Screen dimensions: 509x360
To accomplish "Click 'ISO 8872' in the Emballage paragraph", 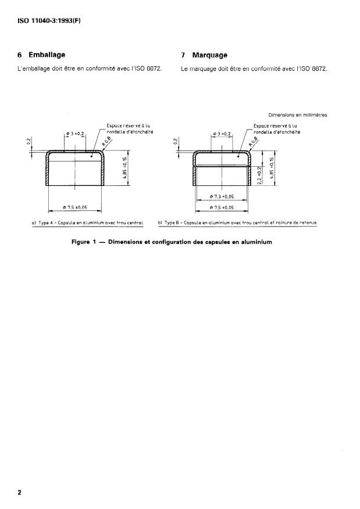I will point(149,69).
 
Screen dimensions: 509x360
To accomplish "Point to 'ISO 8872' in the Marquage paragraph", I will point(315,69).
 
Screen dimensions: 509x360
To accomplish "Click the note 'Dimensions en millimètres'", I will point(298,115).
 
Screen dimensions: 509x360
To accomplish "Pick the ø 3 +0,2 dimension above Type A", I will point(76,134).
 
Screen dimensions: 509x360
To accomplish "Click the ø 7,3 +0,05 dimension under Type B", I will point(221,198).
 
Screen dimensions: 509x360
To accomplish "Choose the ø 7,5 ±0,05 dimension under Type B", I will point(221,207).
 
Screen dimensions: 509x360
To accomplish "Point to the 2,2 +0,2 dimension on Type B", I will point(260,174).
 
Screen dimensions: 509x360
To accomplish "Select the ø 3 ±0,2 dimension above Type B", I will point(222,134).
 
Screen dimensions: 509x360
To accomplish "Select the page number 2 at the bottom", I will point(20,493).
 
